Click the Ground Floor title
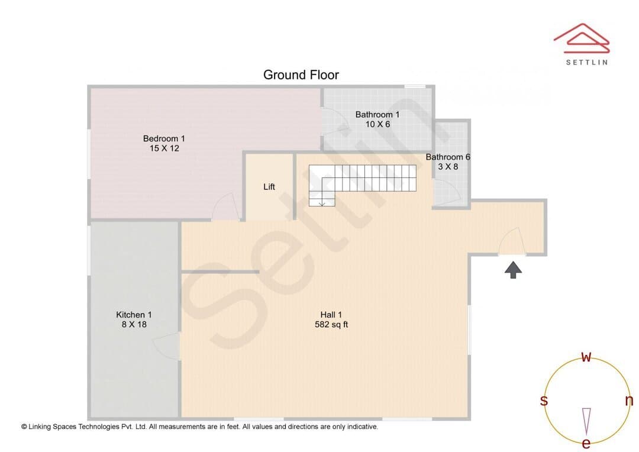click(x=301, y=75)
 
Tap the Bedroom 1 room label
click(x=164, y=138)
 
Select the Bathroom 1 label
click(x=377, y=115)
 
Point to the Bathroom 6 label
click(x=448, y=157)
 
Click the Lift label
click(x=269, y=187)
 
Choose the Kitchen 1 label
click(x=134, y=315)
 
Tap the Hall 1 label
click(x=331, y=315)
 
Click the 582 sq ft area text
click(x=331, y=324)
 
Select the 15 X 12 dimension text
click(x=164, y=148)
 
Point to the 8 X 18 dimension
click(x=134, y=324)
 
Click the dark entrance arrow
click(x=513, y=270)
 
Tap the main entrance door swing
click(x=512, y=242)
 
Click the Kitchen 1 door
click(x=167, y=346)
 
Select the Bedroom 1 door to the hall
click(x=226, y=206)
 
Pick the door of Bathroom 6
click(x=447, y=193)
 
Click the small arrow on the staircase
click(x=322, y=202)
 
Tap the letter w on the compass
click(x=586, y=357)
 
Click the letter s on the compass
click(x=544, y=401)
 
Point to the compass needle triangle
click(x=586, y=421)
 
